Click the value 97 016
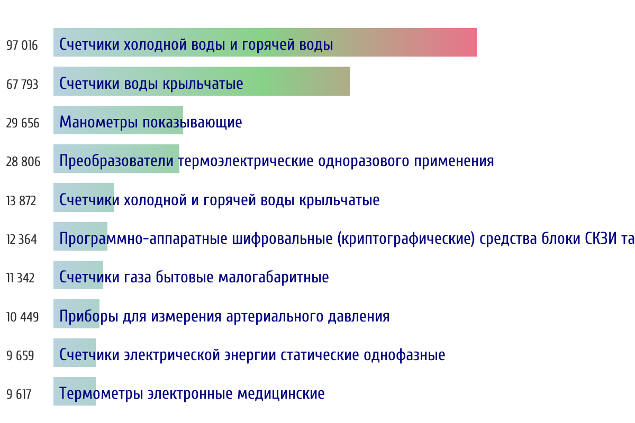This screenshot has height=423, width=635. pos(22,45)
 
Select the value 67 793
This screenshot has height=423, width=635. pos(22,85)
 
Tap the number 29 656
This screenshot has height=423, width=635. pos(23,123)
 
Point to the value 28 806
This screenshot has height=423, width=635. pos(23,162)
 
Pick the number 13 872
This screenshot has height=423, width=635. pos(21,201)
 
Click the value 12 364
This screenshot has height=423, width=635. pos(22,240)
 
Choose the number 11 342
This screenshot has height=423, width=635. pos(21,278)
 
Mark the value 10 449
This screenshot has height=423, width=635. pos(22,317)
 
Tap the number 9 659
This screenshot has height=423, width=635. pos(20,355)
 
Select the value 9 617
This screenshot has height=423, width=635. pos(19,394)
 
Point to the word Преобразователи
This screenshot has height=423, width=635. pos(116,161)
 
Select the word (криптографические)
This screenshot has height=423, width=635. pos(406,238)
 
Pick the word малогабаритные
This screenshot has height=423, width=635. pos(274,277)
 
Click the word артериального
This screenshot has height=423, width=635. pos(275,317)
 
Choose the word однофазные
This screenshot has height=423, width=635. pos(404,355)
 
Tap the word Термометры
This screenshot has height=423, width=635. pos(101,394)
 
